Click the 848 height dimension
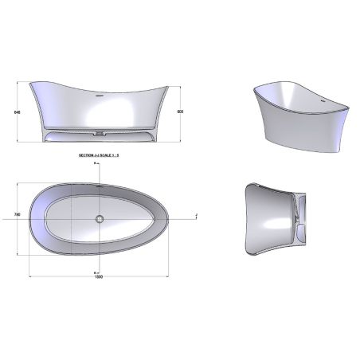pos(16,112)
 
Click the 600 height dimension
pos(181,112)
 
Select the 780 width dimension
pos(16,215)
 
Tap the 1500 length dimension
pos(99,276)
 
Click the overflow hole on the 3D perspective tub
pos(323,102)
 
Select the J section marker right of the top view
pos(196,215)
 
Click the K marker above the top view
pos(95,162)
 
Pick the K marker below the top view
pos(95,270)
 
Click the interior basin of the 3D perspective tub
pos(295,104)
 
